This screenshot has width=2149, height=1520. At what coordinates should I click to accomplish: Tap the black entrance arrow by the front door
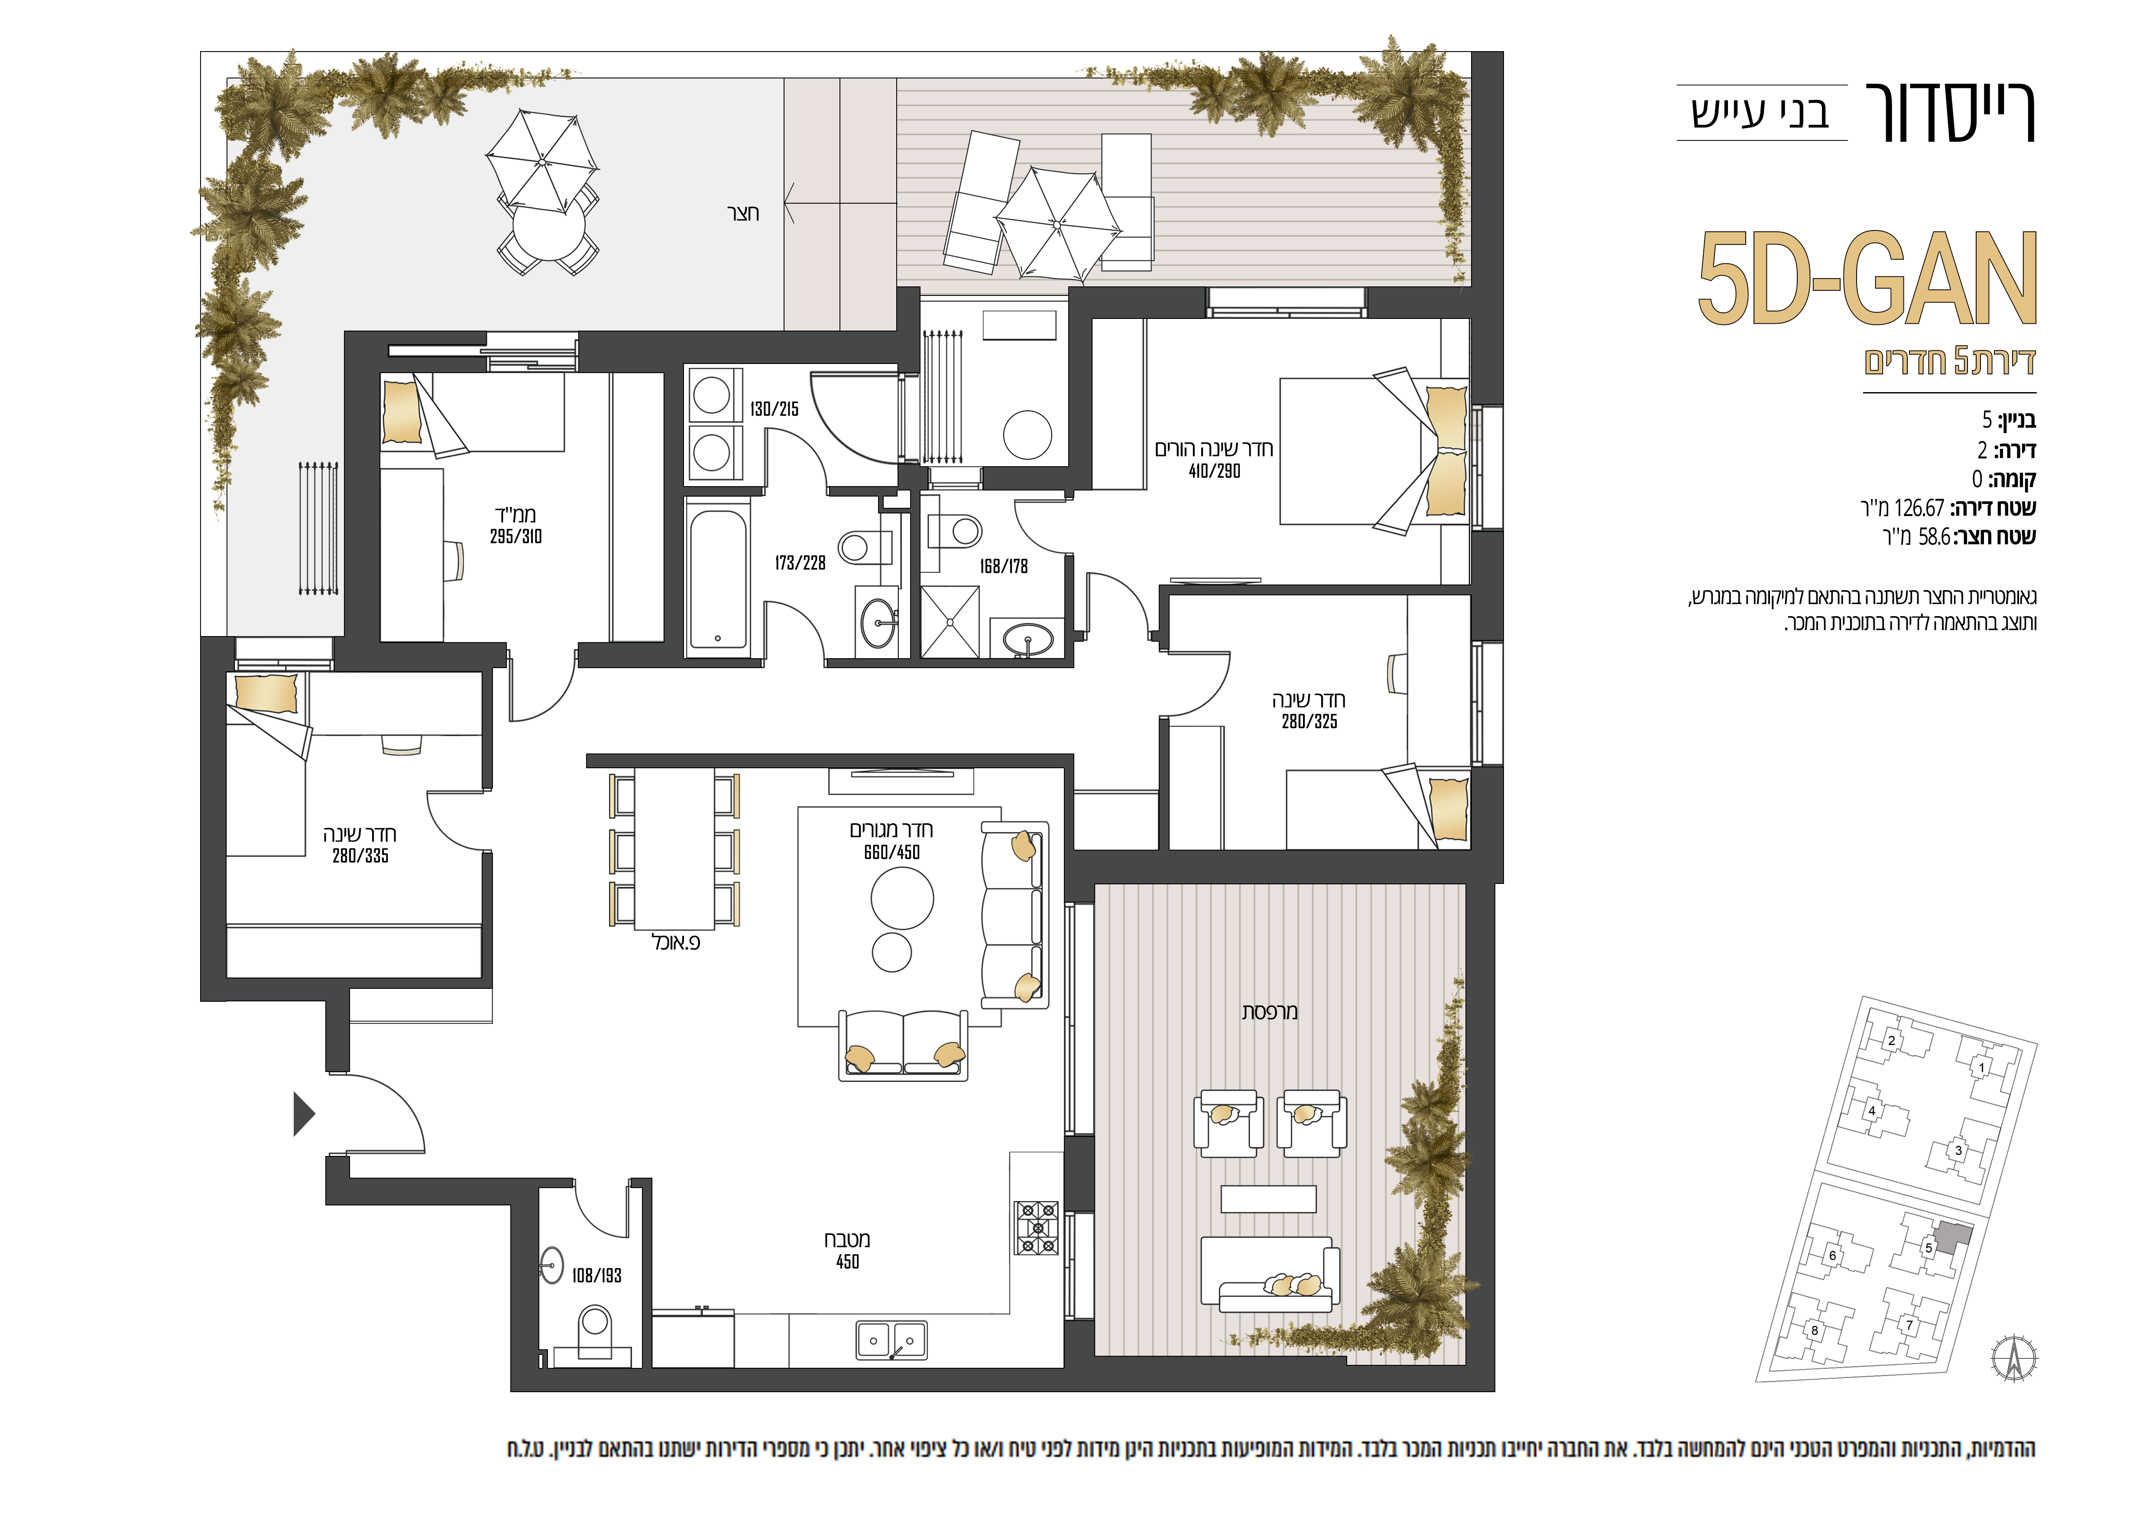tap(304, 1114)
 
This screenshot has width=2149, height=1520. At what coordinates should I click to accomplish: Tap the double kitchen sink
tap(892, 1340)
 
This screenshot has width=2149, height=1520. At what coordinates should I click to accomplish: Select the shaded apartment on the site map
tap(1953, 1237)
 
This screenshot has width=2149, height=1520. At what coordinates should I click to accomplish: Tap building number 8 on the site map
tap(1815, 1330)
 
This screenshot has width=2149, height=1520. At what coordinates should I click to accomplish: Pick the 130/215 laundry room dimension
tap(774, 409)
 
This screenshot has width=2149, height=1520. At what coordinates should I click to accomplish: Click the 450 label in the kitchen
tap(847, 1262)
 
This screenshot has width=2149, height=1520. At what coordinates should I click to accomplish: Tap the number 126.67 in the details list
tap(1919, 508)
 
